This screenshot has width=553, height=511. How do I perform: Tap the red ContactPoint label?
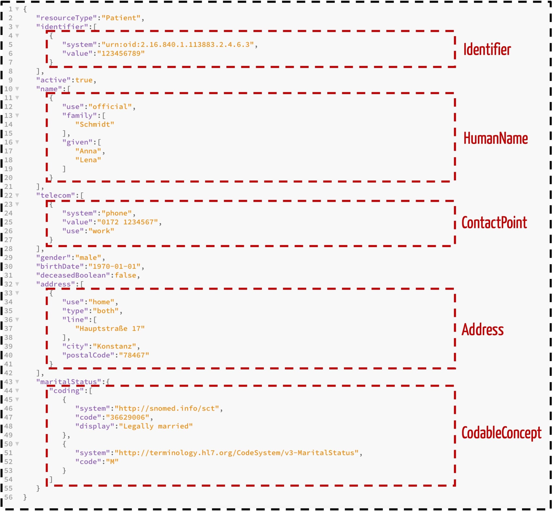[494, 223]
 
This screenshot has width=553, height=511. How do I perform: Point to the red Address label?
[482, 330]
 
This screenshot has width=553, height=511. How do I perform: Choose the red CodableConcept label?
[501, 433]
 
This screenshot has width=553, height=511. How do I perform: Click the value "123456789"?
[121, 53]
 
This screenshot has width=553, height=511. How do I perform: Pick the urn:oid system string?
[178, 44]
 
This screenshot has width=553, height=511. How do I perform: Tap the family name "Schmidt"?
[95, 124]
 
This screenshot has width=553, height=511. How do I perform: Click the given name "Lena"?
[88, 160]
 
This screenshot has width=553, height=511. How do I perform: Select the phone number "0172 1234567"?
[128, 222]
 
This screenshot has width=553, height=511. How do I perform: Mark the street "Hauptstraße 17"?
[110, 329]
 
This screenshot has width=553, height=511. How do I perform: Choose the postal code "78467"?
[134, 355]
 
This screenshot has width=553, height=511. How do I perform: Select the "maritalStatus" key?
[69, 382]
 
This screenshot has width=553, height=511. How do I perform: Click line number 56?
[8, 497]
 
